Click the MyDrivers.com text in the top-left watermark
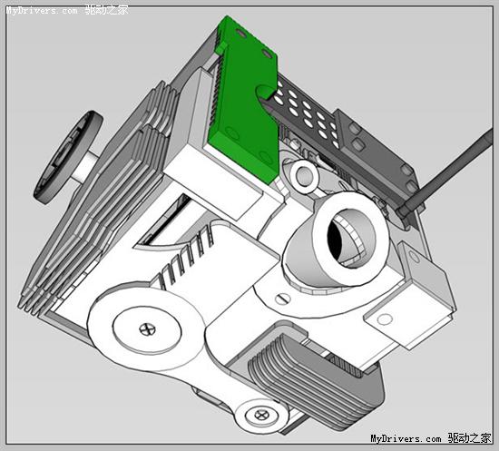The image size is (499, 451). pyautogui.click(x=42, y=11)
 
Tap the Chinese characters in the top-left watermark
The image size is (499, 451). pyautogui.click(x=107, y=10)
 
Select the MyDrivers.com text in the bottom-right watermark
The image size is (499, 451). pyautogui.click(x=406, y=438)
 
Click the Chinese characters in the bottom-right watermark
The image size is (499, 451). pyautogui.click(x=469, y=438)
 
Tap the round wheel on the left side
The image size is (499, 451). pyautogui.click(x=68, y=157)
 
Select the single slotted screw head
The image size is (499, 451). pyautogui.click(x=282, y=299)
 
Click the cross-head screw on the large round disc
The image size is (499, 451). pyautogui.click(x=148, y=328)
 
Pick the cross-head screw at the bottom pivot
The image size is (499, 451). pyautogui.click(x=262, y=415)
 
